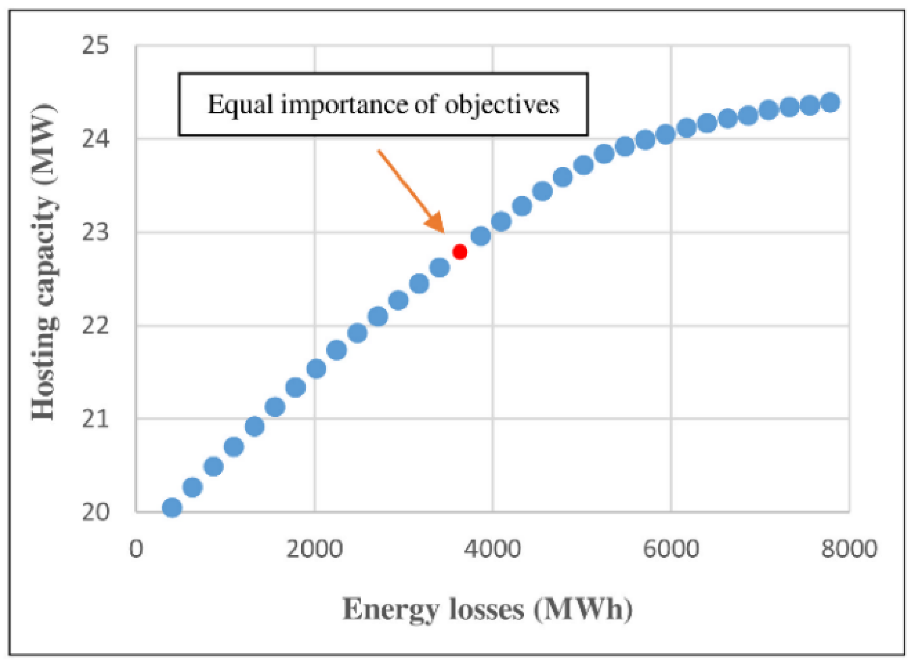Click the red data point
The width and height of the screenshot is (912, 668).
[x=460, y=252]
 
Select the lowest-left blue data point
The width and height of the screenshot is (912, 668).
[x=172, y=507]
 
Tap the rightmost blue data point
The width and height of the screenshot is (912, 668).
[x=830, y=102]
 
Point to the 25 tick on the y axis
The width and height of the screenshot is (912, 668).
[x=95, y=46]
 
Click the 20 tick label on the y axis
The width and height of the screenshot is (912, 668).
[x=95, y=512]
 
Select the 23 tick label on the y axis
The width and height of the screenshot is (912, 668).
[x=95, y=232]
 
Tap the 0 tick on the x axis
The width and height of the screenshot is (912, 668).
[x=136, y=549]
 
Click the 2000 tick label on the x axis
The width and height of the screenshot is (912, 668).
[x=314, y=549]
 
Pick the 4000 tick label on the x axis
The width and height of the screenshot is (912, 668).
[x=492, y=549]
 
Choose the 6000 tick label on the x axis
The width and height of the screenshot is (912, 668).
[x=671, y=549]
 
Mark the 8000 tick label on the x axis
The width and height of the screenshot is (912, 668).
[x=849, y=549]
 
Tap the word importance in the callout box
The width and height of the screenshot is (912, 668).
[x=346, y=106]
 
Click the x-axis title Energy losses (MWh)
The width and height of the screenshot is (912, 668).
[x=487, y=609]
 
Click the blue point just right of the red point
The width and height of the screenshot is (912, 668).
[x=481, y=236]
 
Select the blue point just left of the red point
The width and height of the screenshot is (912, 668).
[x=440, y=267]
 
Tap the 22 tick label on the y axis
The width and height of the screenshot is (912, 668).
[x=95, y=325]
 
